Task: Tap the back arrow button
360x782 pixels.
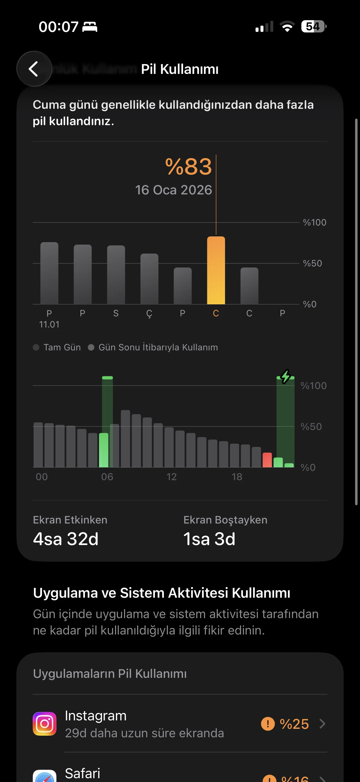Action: [x=34, y=69]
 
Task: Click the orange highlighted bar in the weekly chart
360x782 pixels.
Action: [x=216, y=270]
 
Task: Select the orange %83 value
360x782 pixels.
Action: [x=188, y=167]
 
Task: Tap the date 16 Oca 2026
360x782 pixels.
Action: [x=173, y=190]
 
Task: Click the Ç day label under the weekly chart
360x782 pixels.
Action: [x=149, y=313]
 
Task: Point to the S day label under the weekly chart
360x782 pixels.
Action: [x=116, y=313]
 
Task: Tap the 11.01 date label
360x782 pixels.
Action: [x=49, y=324]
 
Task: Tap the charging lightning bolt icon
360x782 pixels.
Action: [x=285, y=377]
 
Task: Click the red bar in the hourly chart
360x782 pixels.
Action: [x=267, y=460]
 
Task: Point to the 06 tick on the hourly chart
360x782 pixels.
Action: [x=107, y=477]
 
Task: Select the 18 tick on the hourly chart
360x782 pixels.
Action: [x=237, y=477]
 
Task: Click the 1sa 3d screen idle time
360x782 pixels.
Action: [x=209, y=539]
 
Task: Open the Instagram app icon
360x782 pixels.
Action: [x=45, y=724]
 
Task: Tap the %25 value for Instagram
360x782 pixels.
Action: [x=294, y=724]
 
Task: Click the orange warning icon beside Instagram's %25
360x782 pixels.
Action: [x=268, y=724]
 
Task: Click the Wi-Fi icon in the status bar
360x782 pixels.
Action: [x=287, y=26]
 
